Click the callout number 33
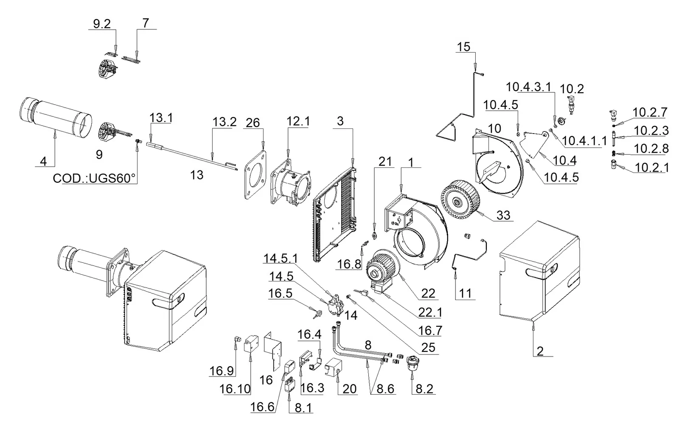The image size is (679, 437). click(503, 215)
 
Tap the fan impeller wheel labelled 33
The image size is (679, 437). click(460, 199)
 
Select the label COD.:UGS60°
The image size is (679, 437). click(94, 178)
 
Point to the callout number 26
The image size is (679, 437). click(253, 122)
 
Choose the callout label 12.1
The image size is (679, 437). click(298, 121)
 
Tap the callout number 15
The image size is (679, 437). click(463, 47)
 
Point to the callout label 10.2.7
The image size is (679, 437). click(650, 112)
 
